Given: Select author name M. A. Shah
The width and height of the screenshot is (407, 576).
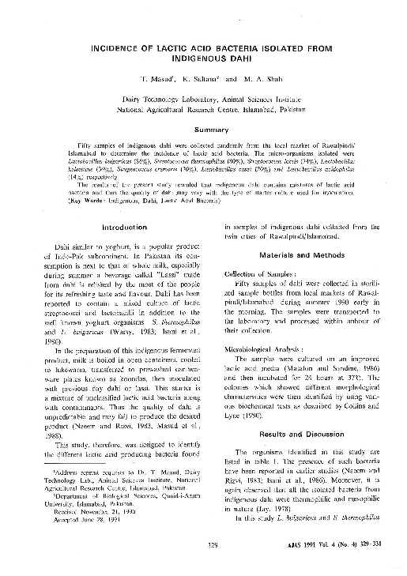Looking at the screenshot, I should (251, 81).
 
